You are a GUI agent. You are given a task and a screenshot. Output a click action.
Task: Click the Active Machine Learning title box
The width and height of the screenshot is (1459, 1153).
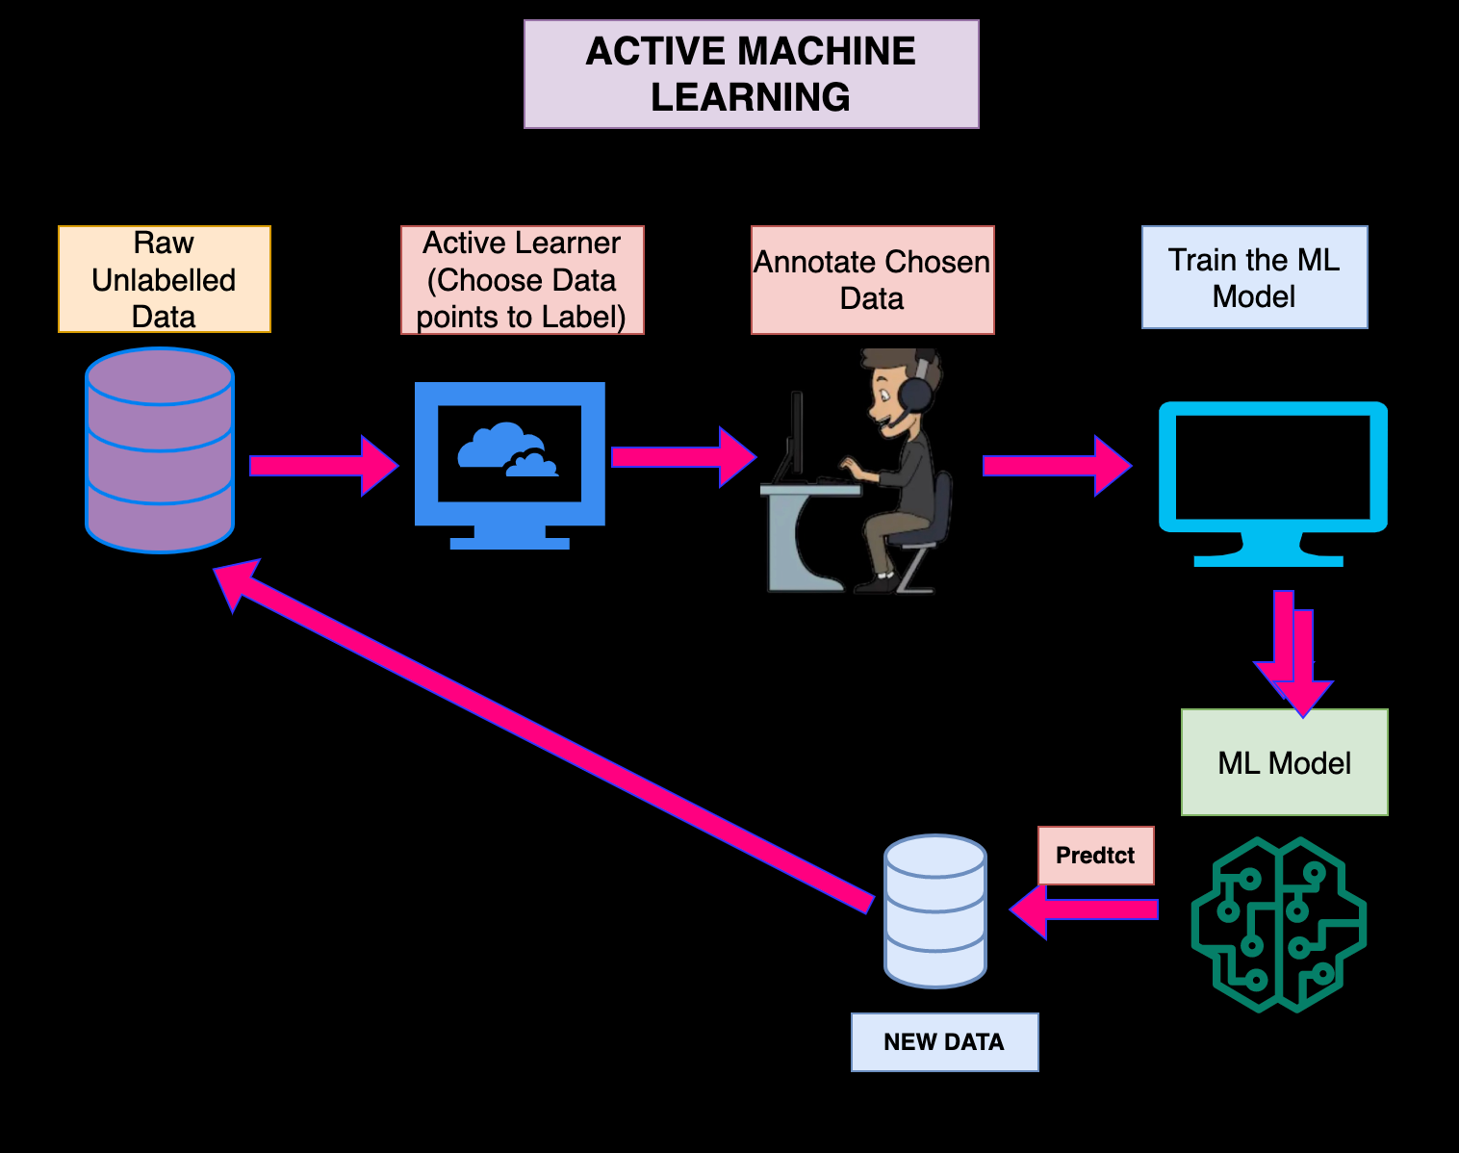(751, 74)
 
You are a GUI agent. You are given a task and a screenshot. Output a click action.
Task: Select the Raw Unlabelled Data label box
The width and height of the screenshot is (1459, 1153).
(164, 279)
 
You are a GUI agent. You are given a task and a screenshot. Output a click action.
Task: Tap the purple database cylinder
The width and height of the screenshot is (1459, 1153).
(160, 450)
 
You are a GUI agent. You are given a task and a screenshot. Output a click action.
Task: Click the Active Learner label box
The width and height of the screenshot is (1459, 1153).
(522, 280)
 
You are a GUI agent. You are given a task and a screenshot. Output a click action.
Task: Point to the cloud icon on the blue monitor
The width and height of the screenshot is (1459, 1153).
(507, 449)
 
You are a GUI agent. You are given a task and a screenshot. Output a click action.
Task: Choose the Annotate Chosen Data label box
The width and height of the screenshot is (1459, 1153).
(872, 280)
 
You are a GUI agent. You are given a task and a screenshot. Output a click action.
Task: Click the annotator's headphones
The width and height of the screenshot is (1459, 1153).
(916, 391)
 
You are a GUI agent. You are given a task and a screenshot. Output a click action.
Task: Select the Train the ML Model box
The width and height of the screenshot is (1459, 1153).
(1254, 277)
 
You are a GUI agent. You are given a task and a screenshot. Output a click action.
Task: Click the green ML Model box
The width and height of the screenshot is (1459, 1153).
(1284, 762)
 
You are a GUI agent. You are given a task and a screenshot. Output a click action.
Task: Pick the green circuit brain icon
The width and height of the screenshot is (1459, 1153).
(1278, 924)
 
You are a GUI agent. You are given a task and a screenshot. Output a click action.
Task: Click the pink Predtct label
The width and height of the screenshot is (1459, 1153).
(1095, 855)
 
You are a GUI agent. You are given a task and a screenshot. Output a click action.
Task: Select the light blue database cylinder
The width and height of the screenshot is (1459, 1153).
(935, 910)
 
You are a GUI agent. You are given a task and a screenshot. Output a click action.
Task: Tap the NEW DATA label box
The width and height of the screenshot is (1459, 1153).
(944, 1041)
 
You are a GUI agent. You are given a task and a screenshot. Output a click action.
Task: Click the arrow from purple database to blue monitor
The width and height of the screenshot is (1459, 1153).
(322, 466)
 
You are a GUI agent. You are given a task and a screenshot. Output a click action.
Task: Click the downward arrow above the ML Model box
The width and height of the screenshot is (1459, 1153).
(1294, 654)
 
